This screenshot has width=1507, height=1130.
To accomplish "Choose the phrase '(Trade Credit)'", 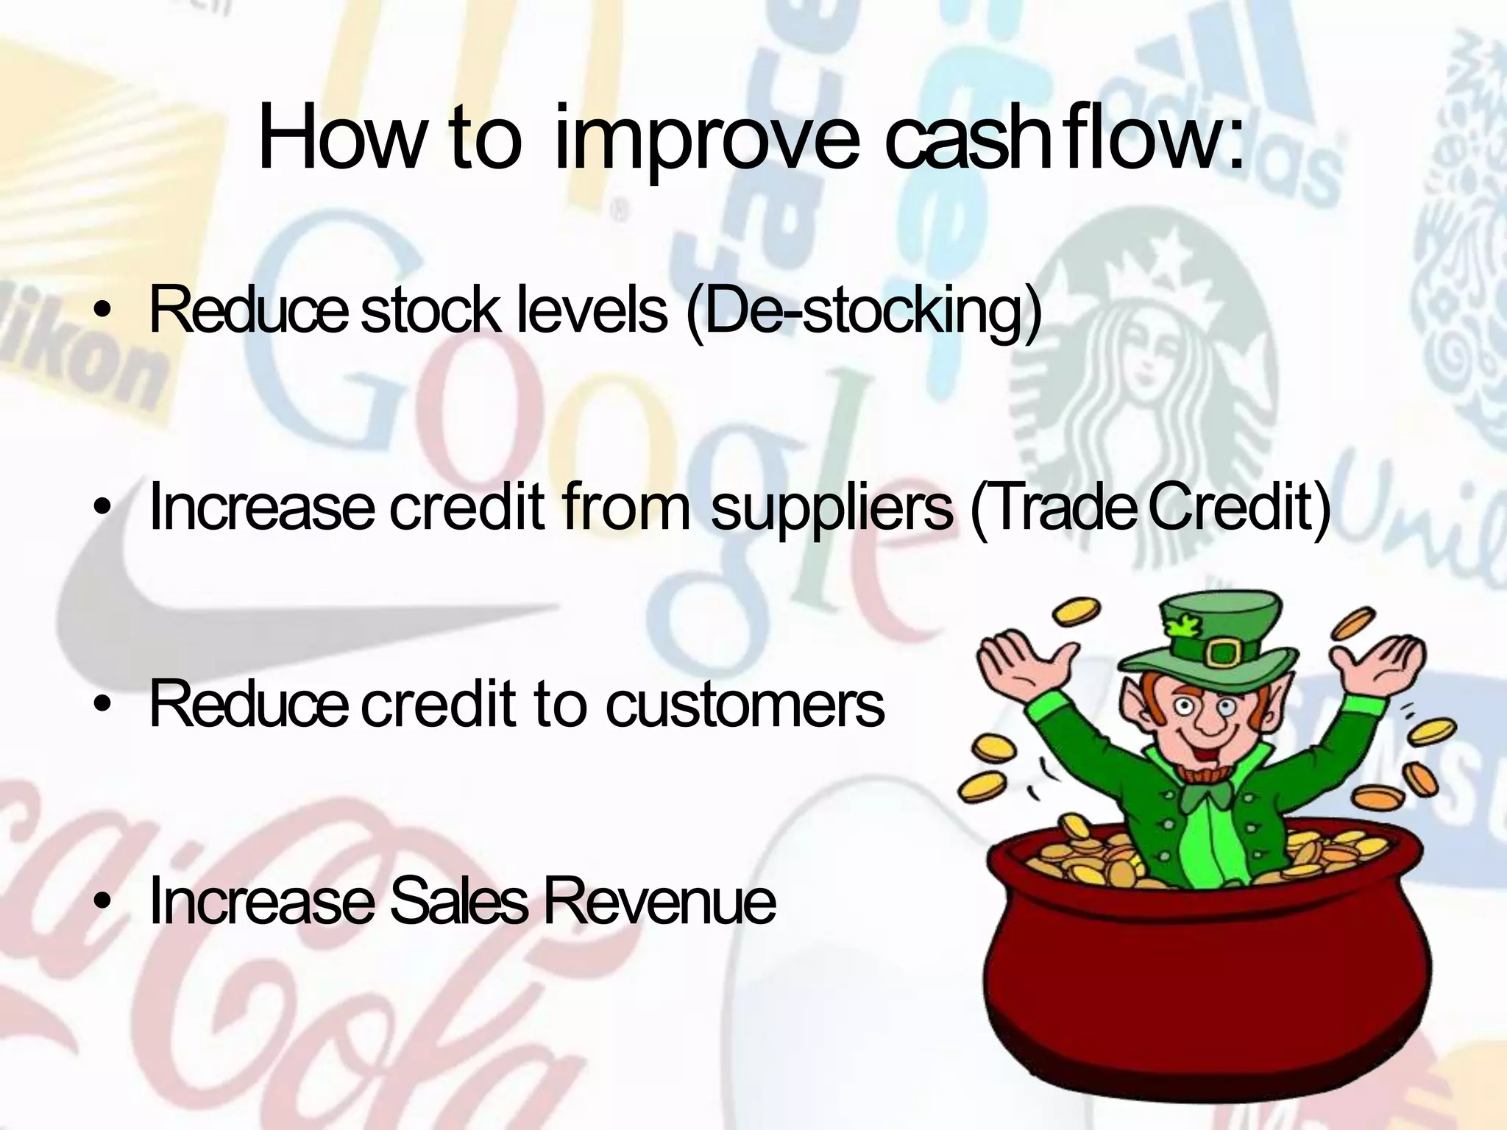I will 1150,508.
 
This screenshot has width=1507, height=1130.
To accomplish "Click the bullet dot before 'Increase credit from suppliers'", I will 105,508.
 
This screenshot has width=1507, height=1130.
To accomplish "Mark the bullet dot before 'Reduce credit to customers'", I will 105,706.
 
